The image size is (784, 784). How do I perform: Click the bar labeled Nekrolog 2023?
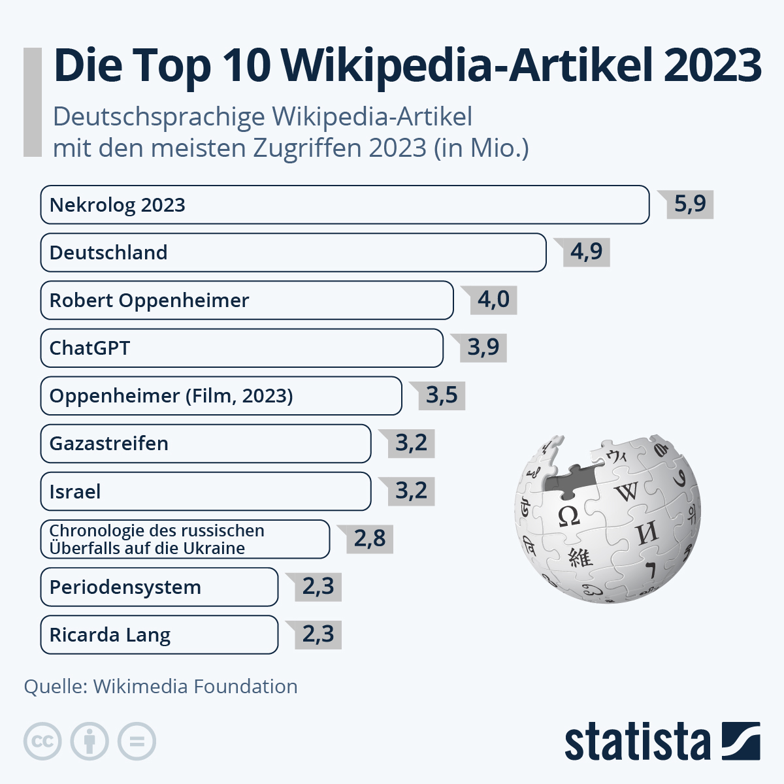tap(344, 204)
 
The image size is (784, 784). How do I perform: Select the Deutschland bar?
tap(293, 252)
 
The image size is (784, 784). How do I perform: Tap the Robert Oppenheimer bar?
tap(246, 300)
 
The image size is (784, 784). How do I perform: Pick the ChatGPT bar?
tap(241, 348)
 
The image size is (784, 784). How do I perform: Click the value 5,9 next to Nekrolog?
tap(690, 204)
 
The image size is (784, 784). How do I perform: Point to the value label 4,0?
tap(493, 299)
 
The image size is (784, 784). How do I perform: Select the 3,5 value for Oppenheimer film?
tap(442, 395)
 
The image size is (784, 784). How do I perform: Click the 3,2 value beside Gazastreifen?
tap(411, 443)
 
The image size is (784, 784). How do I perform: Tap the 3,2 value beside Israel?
tap(411, 491)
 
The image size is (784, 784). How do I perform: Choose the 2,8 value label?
tap(370, 538)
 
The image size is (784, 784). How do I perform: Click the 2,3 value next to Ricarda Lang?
tap(318, 634)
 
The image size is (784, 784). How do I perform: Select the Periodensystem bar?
tap(159, 587)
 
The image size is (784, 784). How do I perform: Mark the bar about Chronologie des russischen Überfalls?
tap(185, 539)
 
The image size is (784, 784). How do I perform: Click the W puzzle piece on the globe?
tap(626, 491)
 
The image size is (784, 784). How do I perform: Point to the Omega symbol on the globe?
tap(568, 516)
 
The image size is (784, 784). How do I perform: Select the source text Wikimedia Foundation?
tap(195, 686)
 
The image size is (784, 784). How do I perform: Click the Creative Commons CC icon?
tap(42, 742)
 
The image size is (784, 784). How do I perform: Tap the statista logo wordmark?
tap(637, 742)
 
